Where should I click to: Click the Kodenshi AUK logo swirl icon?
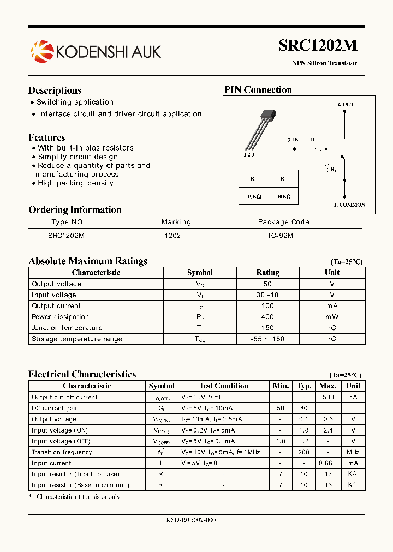point(41,51)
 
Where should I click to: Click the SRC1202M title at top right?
point(318,46)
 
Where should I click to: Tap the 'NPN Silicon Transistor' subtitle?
point(324,63)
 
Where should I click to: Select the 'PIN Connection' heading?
point(258,90)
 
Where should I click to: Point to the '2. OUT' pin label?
point(345,104)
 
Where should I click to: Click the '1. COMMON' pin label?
point(349,205)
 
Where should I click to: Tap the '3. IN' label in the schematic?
point(293,140)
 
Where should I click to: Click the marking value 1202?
point(172,236)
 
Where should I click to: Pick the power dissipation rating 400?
point(267,317)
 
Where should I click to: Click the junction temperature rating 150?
point(267,328)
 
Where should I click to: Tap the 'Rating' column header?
point(267,273)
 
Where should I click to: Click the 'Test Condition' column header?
point(224,386)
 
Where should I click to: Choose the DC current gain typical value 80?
point(304,408)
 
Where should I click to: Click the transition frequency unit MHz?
point(353,452)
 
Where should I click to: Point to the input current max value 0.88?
point(326,463)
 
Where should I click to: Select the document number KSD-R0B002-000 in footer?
point(191,520)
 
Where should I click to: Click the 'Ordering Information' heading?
point(75,210)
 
